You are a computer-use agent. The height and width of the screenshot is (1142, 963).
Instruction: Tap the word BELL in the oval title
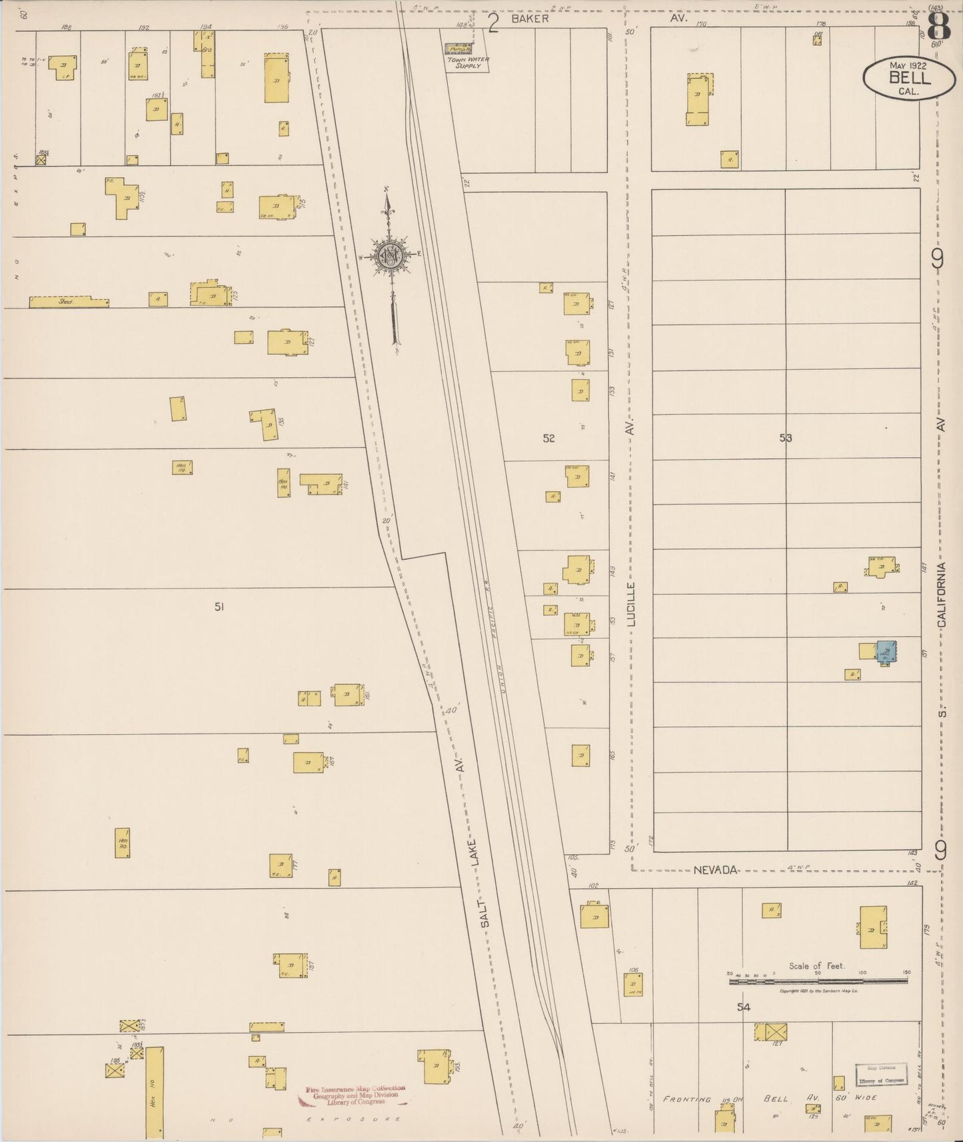pyautogui.click(x=909, y=78)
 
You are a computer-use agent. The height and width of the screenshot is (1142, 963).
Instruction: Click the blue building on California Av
pyautogui.click(x=886, y=651)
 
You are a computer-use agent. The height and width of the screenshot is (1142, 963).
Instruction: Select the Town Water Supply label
pyautogui.click(x=467, y=63)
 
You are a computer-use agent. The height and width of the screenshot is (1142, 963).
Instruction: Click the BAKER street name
pyautogui.click(x=530, y=19)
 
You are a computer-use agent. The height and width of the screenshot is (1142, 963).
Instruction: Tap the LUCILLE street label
pyautogui.click(x=632, y=604)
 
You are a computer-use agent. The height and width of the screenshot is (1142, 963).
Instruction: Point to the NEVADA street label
pyautogui.click(x=715, y=870)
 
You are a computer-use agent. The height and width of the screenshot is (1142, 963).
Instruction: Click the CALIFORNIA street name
pyautogui.click(x=941, y=594)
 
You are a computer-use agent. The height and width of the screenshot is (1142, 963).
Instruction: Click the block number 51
pyautogui.click(x=219, y=606)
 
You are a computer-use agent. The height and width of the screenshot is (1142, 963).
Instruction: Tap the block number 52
pyautogui.click(x=548, y=438)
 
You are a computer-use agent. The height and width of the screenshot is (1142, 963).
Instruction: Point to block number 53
pyautogui.click(x=786, y=438)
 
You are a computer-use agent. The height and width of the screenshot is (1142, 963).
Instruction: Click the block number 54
pyautogui.click(x=743, y=1007)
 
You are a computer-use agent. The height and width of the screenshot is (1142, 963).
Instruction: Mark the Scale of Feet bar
pyautogui.click(x=818, y=981)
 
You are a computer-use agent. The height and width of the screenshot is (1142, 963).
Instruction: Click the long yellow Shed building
pyautogui.click(x=69, y=302)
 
